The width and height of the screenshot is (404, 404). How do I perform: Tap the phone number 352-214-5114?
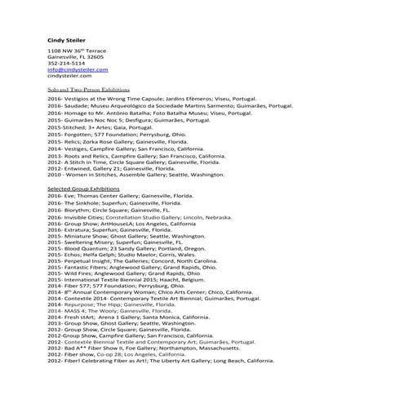(66, 64)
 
